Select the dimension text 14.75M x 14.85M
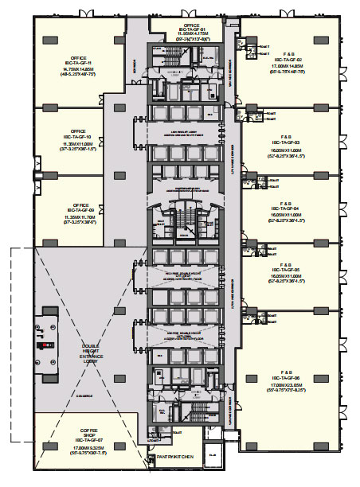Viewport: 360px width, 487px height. tap(77, 69)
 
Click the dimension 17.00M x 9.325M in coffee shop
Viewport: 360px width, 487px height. tap(79, 447)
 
